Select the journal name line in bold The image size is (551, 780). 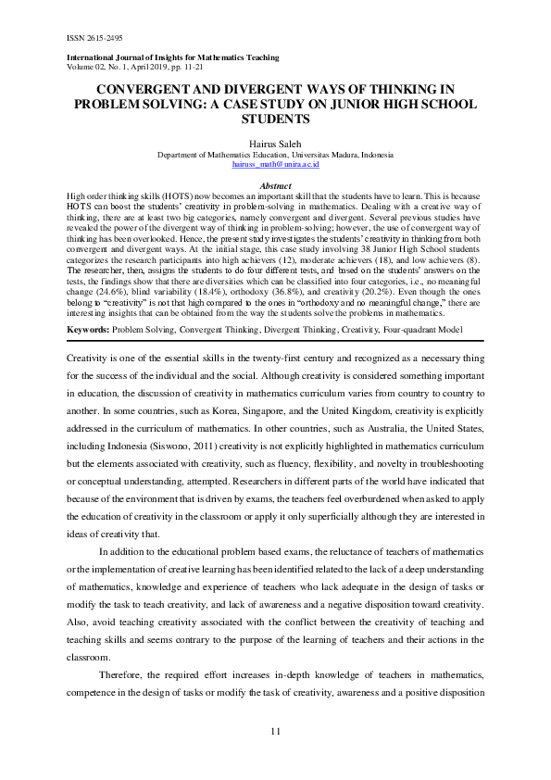174,58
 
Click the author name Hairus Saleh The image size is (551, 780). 275,145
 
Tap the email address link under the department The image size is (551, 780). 275,164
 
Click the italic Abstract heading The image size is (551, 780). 276,185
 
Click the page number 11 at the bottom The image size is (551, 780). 275,733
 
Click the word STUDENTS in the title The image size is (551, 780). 276,119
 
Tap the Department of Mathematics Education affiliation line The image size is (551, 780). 275,155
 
